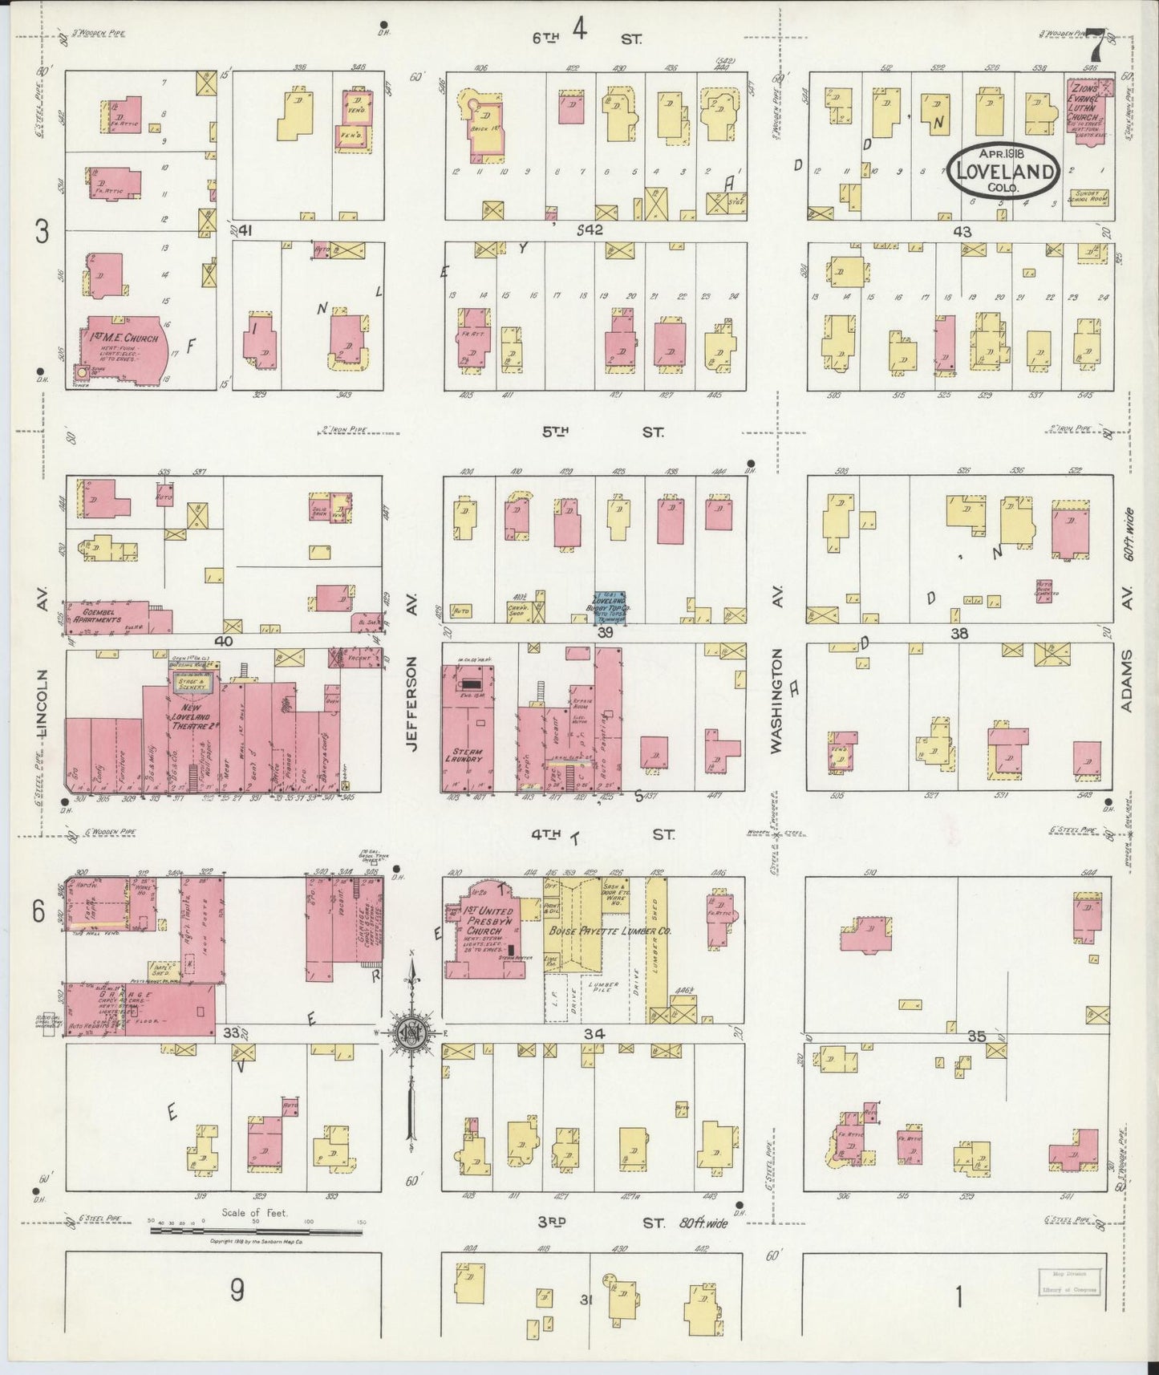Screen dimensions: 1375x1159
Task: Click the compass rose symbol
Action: pyautogui.click(x=411, y=1032)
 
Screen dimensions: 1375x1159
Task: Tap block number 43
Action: pyautogui.click(x=962, y=231)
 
